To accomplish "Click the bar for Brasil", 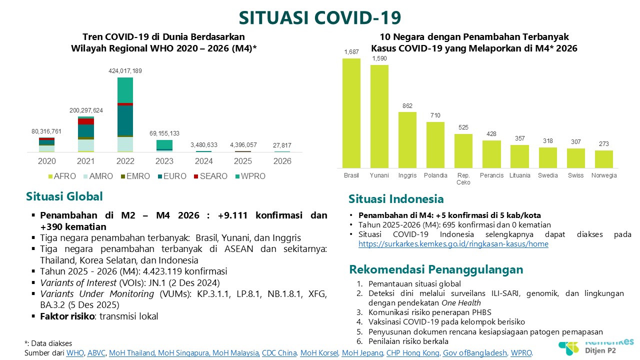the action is click(351, 113).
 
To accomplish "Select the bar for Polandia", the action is click(435, 145).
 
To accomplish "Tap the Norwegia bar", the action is click(603, 159).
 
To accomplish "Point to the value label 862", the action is click(407, 106).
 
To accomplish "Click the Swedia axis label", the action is click(547, 175).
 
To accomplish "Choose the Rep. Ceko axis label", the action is click(463, 179).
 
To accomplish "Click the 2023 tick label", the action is click(164, 161).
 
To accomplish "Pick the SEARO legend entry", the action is click(210, 176).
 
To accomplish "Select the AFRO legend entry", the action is click(62, 176).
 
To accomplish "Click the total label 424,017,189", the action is click(125, 71).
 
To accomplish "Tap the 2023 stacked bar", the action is click(164, 145).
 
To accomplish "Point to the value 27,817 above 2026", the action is click(282, 145).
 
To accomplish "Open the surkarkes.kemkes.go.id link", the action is click(453, 244).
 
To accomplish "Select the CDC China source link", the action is click(279, 353).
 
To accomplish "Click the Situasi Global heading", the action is click(64, 196).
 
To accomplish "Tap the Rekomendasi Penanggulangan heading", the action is click(436, 269).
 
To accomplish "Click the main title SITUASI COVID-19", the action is click(320, 17).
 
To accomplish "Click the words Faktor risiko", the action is click(67, 316).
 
